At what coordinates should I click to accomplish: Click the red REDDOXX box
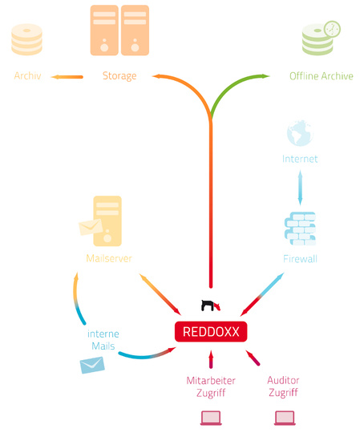point(211,331)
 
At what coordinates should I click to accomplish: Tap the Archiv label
point(27,75)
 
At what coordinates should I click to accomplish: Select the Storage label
point(119,76)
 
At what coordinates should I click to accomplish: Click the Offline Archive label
point(322,76)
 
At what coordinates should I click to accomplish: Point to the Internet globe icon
point(300,133)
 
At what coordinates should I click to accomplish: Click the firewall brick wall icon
point(300,229)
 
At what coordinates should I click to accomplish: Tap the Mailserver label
point(109,258)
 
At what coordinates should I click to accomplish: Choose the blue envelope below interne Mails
point(92,365)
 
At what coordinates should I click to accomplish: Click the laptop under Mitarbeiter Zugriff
point(211,418)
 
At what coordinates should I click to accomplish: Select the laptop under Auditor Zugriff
point(285,418)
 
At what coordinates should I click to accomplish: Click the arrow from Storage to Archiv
point(67,77)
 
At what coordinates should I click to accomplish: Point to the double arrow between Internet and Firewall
point(300,188)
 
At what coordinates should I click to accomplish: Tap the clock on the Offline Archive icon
point(332,29)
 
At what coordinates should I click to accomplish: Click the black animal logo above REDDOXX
point(210,306)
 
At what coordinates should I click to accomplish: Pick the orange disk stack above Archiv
point(26,39)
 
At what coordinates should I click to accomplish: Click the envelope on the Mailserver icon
point(91,227)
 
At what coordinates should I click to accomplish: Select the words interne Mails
point(103,340)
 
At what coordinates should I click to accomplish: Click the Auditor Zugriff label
point(283,386)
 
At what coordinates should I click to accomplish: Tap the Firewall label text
point(300,259)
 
